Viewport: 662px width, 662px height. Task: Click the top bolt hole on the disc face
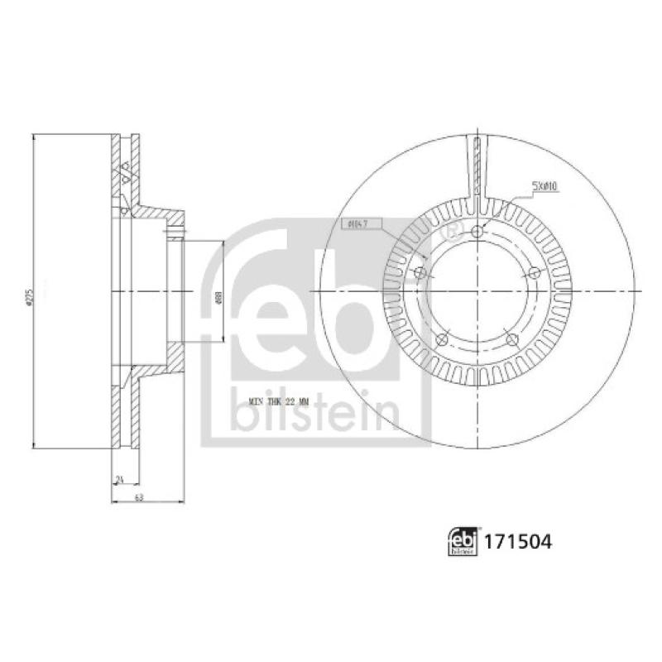[478, 233]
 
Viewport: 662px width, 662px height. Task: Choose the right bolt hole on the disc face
[534, 273]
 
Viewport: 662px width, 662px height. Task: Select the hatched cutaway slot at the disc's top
[477, 170]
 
